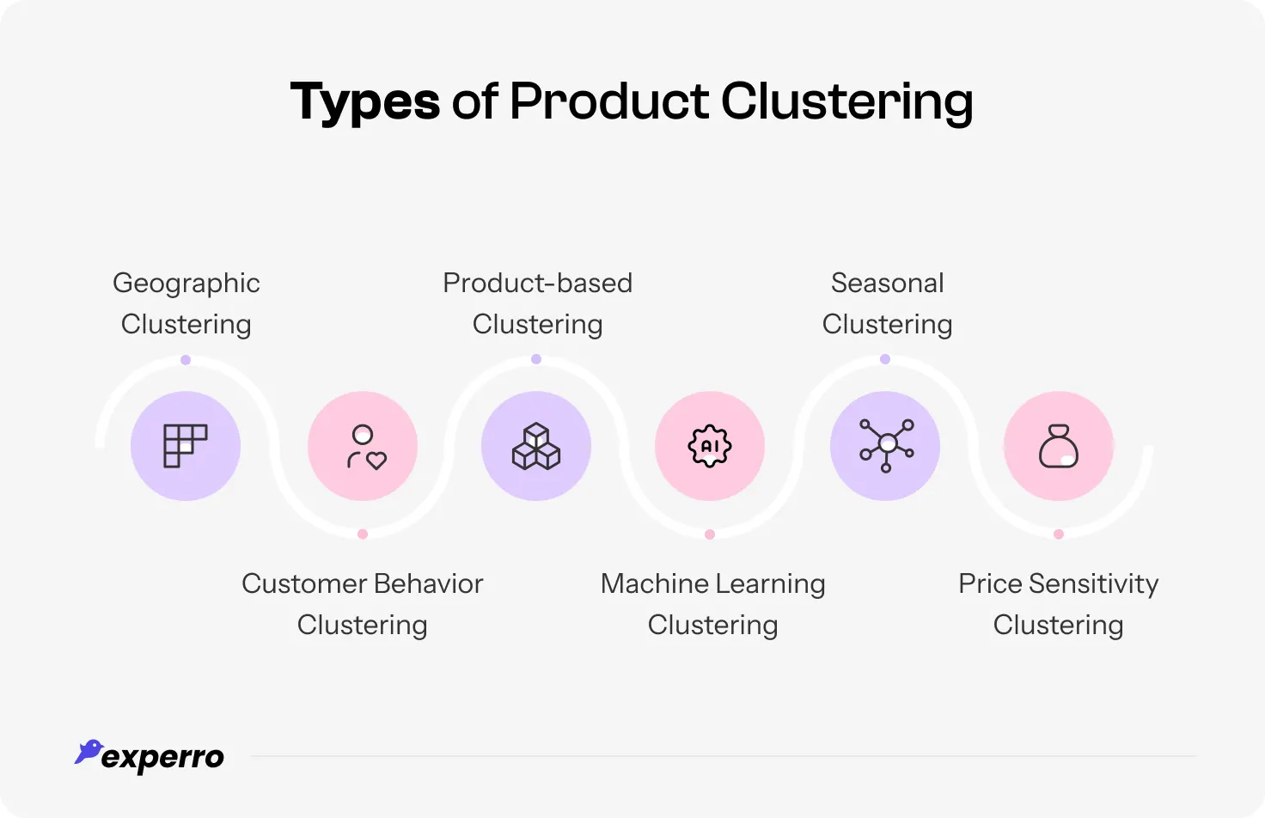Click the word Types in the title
364,102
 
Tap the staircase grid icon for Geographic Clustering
186,446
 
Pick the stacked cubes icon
536,446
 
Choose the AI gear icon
710,446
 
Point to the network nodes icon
886,446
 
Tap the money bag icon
1059,446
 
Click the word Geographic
186,284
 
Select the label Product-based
537,283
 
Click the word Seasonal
888,283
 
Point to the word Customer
303,583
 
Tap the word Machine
655,583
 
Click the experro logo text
163,758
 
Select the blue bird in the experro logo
88,751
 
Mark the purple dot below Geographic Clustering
186,360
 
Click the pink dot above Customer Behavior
363,534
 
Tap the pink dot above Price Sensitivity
1059,534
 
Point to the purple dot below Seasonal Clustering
885,359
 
